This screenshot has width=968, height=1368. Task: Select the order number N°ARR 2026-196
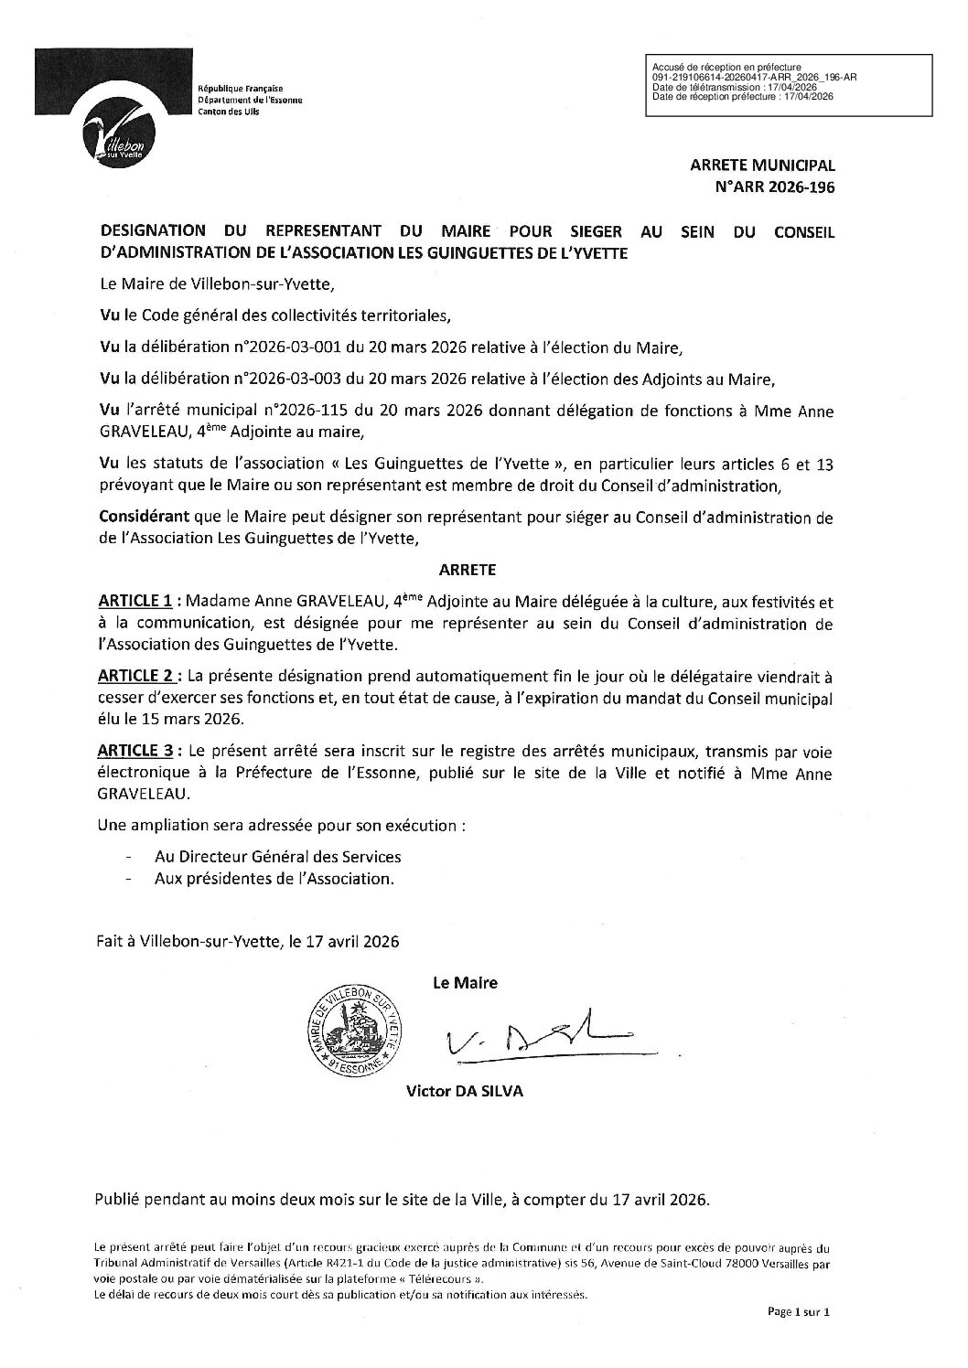pos(783,187)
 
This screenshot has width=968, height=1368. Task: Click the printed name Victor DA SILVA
pos(466,1092)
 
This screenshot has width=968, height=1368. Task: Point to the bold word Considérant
pos(137,518)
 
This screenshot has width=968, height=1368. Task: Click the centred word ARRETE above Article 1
pos(468,569)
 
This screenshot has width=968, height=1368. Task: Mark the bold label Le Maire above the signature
pos(465,983)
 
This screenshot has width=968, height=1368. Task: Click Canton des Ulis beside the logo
pos(230,111)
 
